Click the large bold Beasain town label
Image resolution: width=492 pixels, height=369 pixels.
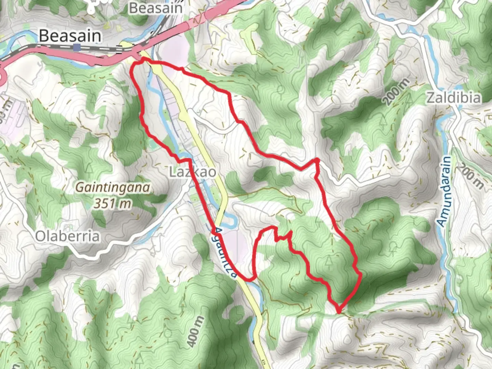[x=70, y=36]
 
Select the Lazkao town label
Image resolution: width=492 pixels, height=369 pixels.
[x=193, y=172]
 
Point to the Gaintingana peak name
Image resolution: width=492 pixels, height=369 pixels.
[x=112, y=188]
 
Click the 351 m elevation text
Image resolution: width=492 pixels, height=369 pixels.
[x=112, y=204]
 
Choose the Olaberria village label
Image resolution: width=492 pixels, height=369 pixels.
[x=67, y=236]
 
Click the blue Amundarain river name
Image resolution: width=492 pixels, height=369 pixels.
[x=445, y=191]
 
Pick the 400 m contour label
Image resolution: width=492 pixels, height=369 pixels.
[x=196, y=331]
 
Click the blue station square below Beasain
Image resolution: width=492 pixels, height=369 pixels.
[x=78, y=47]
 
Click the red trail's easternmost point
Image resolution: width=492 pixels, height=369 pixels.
[x=360, y=274]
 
